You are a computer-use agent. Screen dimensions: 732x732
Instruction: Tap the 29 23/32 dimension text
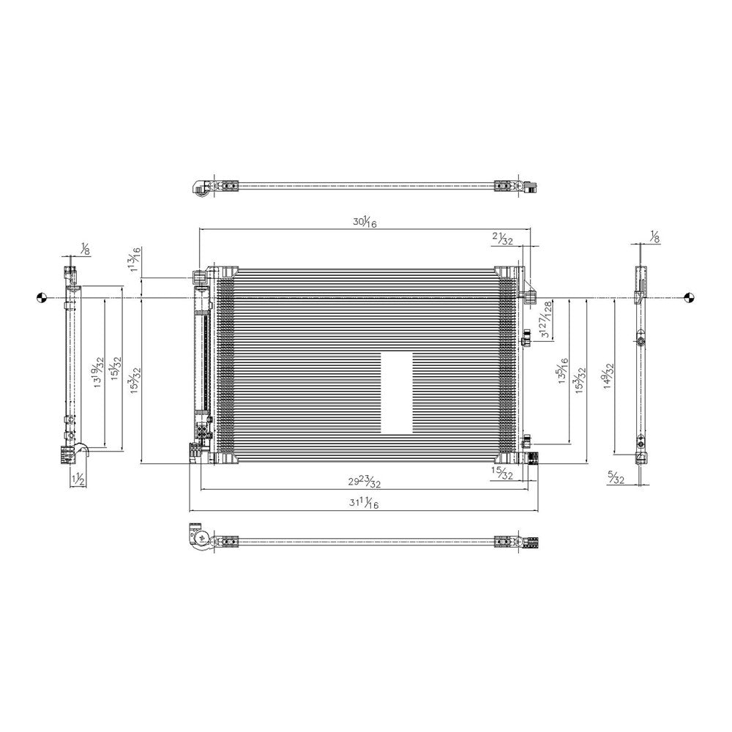pyautogui.click(x=364, y=482)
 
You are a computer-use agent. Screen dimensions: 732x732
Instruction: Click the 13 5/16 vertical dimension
pyautogui.click(x=562, y=373)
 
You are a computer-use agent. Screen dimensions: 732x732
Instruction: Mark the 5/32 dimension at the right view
pyautogui.click(x=616, y=479)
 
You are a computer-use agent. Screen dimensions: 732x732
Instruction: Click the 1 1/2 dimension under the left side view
pyautogui.click(x=78, y=479)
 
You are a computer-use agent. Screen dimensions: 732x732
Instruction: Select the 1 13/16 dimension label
pyautogui.click(x=135, y=260)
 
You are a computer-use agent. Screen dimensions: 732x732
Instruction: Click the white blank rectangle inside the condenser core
pyautogui.click(x=397, y=393)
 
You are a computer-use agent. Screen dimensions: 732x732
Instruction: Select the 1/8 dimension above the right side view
pyautogui.click(x=654, y=236)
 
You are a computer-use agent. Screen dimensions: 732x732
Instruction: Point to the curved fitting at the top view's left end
pyautogui.click(x=198, y=187)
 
